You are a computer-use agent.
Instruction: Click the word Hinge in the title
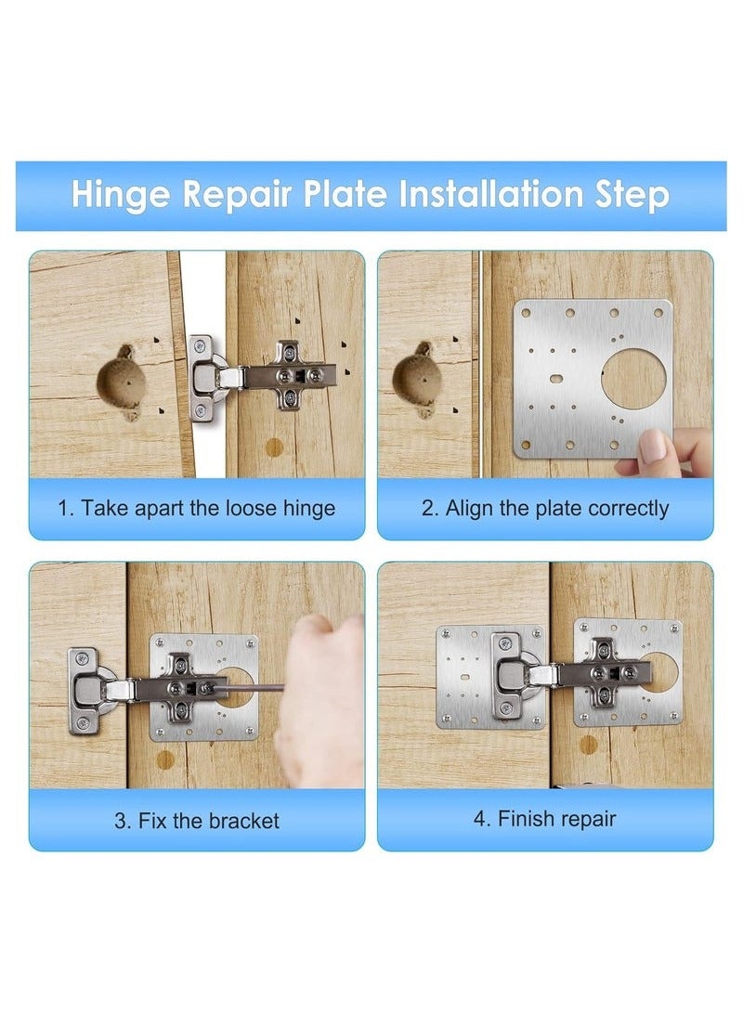[x=119, y=196]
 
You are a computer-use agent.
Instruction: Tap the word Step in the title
[x=633, y=196]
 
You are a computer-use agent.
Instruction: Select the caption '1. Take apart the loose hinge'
[x=196, y=508]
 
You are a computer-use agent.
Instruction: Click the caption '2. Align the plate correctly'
[x=545, y=508]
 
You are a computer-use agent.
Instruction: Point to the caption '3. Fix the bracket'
[x=196, y=821]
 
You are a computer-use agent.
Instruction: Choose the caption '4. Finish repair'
[x=545, y=818]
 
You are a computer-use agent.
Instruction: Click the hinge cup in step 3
[x=87, y=689]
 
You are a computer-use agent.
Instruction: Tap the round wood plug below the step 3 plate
[x=165, y=759]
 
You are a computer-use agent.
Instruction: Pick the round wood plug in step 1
[x=274, y=448]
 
